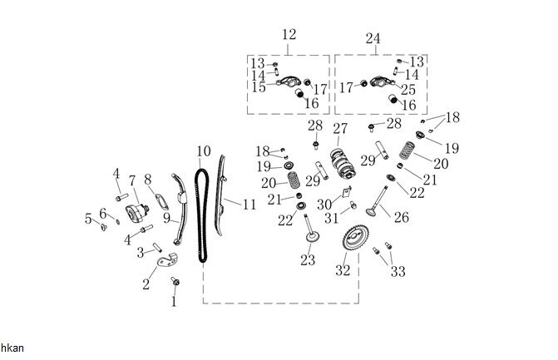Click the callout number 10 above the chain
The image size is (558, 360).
pos(204,151)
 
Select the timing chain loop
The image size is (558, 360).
pos(201,216)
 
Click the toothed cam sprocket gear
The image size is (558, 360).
pos(358,242)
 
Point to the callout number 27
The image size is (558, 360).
pos(339,128)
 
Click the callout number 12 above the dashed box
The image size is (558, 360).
pos(289,35)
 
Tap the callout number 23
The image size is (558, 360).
pos(308,261)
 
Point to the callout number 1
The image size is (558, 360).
pos(174,302)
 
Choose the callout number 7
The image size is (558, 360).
pos(131,180)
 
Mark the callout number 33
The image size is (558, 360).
pos(398,271)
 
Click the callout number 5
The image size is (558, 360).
pos(88,219)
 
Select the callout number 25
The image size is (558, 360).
pos(407,87)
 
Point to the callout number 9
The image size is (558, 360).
pos(166,218)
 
